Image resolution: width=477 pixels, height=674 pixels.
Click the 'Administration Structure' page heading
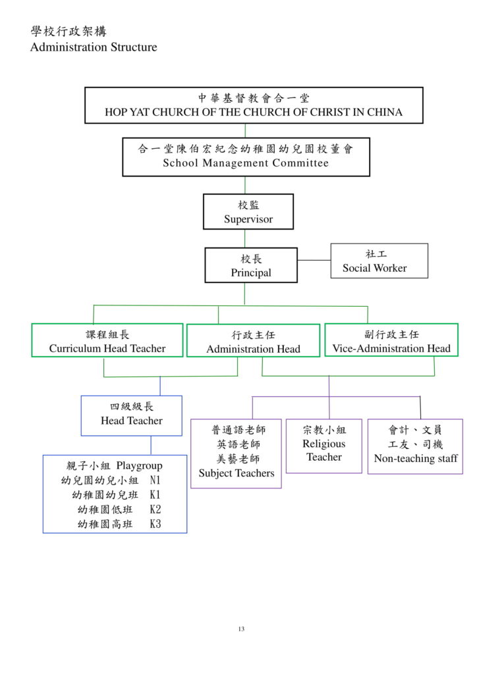[x=94, y=47]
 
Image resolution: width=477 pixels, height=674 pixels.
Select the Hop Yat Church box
[x=254, y=105]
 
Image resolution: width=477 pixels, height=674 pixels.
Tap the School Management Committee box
[x=246, y=157]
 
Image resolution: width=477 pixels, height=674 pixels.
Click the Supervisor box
[x=248, y=211]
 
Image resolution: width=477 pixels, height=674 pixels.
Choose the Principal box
[x=251, y=265]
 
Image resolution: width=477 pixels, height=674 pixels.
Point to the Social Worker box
[x=379, y=261]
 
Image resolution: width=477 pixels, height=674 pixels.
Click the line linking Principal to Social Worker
[x=314, y=260]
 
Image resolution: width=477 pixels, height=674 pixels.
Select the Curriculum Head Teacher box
[x=107, y=340]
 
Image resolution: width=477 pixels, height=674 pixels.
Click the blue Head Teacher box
[x=132, y=416]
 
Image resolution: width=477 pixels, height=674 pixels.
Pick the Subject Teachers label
[x=237, y=473]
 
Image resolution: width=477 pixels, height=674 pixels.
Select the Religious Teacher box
[x=324, y=446]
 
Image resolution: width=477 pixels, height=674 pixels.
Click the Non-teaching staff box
[x=416, y=447]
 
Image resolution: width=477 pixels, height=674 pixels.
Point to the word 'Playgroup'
[x=140, y=466]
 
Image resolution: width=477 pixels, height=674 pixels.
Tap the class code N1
[x=155, y=480]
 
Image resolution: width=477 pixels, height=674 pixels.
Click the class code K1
[x=155, y=495]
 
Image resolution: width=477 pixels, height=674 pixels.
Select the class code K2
[x=155, y=509]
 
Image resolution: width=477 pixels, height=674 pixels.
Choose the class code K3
[x=155, y=524]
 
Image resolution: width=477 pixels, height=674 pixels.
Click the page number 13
[x=241, y=629]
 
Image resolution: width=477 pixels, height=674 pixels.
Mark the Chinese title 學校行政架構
[x=69, y=32]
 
